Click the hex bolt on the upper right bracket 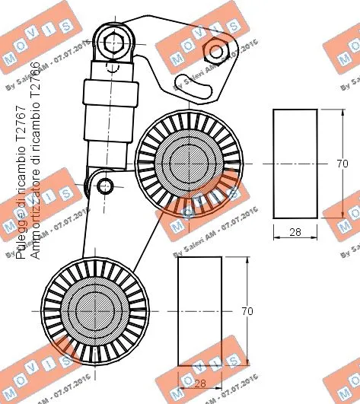coord(216,52)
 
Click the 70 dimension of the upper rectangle coord(342,164)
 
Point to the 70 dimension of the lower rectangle coord(246,311)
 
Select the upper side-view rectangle coord(295,164)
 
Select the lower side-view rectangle coord(199,311)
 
